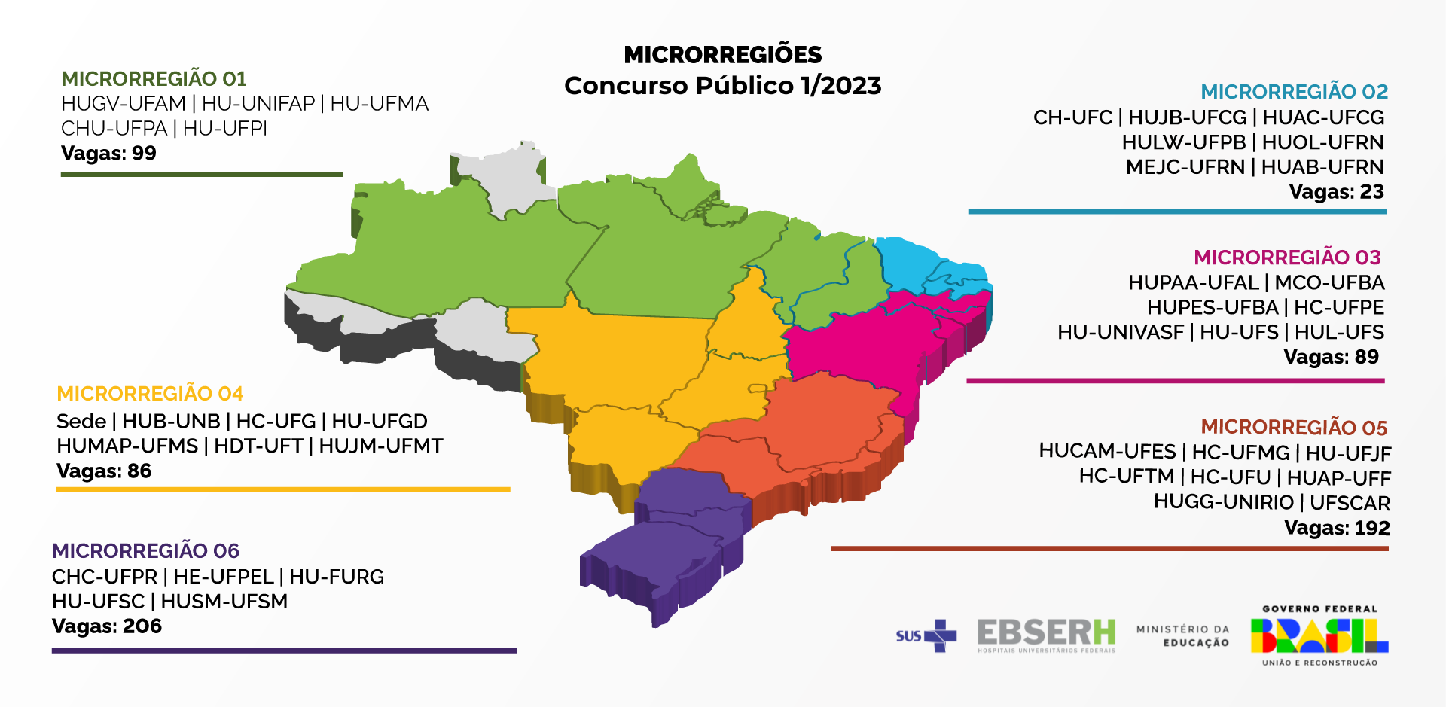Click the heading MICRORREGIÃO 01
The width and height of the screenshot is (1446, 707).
coord(154,79)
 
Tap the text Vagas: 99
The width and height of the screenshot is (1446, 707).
coord(108,154)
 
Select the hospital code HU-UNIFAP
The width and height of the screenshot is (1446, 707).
coord(258,104)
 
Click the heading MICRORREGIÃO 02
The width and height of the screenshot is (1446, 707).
coord(1293,92)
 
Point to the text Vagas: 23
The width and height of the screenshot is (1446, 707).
coord(1336,192)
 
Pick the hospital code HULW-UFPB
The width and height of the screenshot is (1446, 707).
coord(1183,142)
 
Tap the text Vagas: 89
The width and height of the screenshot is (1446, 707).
coord(1331,357)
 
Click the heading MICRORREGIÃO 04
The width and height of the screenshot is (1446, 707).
coord(150,394)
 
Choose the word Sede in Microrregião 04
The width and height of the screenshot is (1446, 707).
coord(81,422)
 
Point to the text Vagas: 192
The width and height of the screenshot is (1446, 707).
coord(1337,528)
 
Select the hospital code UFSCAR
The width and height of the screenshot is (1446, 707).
coord(1350,503)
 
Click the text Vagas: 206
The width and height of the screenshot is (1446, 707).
coord(107,626)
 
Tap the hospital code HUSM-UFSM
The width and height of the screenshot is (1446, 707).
coord(224,602)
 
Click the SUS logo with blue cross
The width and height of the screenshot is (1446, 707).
coord(926,636)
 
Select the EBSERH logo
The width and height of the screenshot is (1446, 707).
coord(1046,635)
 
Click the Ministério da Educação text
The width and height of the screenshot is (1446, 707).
coord(1182,636)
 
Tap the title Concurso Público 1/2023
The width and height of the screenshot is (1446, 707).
coord(722,86)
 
